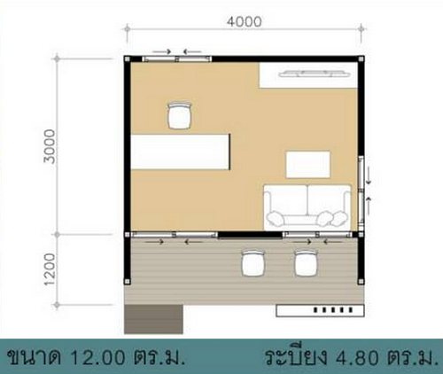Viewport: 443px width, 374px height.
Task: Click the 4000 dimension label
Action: tap(245, 21)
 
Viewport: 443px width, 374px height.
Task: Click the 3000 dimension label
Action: tap(50, 146)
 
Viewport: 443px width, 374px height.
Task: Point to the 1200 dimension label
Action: tap(50, 269)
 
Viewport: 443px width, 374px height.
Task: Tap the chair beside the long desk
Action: tap(180, 115)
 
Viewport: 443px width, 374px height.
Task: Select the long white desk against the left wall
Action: tap(180, 152)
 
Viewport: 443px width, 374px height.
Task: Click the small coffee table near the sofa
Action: tap(307, 165)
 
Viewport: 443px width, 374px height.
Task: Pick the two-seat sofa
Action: tap(307, 207)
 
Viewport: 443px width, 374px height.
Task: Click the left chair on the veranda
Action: tap(253, 263)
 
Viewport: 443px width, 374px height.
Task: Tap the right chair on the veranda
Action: tap(307, 263)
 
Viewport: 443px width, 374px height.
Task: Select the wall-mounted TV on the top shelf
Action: tap(313, 74)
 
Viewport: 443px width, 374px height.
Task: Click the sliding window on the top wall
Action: tap(176, 59)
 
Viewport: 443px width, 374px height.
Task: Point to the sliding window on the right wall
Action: tap(361, 189)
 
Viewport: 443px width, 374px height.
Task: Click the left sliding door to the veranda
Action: tap(175, 235)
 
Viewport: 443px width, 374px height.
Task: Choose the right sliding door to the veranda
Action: tap(317, 235)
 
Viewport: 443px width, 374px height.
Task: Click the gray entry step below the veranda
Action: tap(153, 319)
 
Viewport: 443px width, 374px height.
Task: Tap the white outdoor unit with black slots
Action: tap(320, 311)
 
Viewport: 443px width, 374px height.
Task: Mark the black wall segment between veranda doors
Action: tap(250, 235)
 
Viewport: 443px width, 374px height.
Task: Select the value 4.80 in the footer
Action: tap(357, 357)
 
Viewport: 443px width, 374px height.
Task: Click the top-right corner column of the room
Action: tap(361, 58)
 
